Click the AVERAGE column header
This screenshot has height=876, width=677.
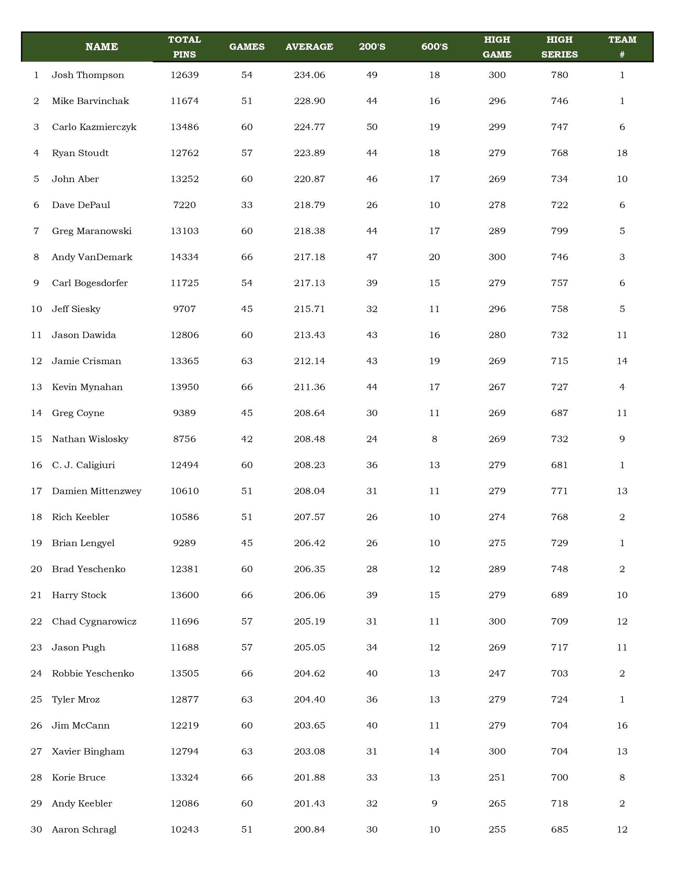click(x=309, y=46)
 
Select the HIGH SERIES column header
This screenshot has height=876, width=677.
click(x=559, y=46)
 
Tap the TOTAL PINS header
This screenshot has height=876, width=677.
click(x=185, y=46)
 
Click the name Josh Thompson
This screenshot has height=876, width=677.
click(x=88, y=75)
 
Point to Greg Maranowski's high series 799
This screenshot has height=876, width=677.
click(x=559, y=231)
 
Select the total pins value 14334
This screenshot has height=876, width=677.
click(x=185, y=257)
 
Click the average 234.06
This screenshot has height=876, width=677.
click(x=309, y=75)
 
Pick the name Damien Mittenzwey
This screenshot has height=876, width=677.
click(x=96, y=491)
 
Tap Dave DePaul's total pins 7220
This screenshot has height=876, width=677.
click(x=185, y=205)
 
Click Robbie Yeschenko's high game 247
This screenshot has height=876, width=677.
click(x=497, y=674)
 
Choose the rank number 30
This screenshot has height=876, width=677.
click(x=36, y=830)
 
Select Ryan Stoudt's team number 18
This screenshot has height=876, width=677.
click(x=622, y=153)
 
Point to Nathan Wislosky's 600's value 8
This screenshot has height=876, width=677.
click(x=434, y=439)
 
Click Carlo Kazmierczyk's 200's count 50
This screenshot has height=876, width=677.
click(x=372, y=127)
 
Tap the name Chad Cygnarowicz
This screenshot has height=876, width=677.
click(x=94, y=621)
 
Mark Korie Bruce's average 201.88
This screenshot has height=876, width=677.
click(x=309, y=777)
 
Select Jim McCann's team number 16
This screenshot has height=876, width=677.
click(x=622, y=725)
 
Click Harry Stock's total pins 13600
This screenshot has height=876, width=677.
click(x=185, y=595)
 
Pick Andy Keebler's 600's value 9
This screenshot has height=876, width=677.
click(x=434, y=804)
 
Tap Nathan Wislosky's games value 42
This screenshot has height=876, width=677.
click(x=247, y=439)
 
